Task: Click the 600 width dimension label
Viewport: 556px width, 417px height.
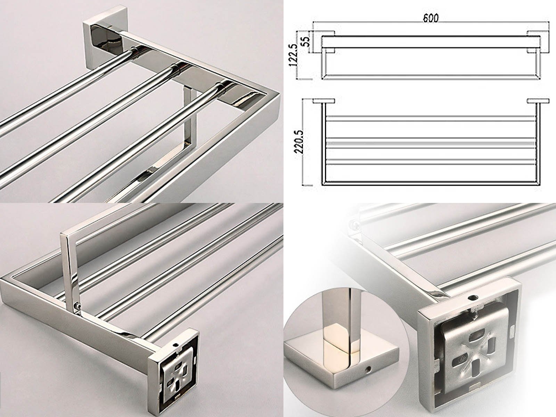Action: [x=431, y=18]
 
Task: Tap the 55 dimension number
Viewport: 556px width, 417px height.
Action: [x=306, y=41]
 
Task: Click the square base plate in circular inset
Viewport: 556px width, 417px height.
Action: [x=341, y=365]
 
